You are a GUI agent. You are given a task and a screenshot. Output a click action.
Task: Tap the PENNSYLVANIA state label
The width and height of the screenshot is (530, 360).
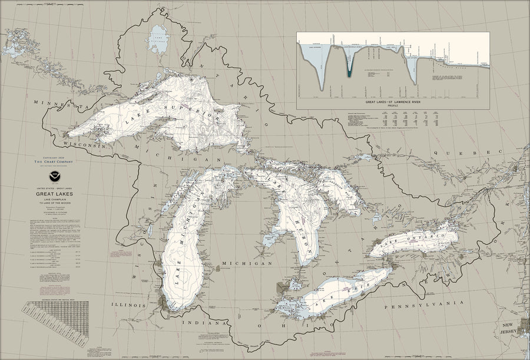(x=420, y=307)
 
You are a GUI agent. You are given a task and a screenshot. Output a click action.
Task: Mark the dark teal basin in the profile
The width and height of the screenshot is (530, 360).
(x=349, y=68)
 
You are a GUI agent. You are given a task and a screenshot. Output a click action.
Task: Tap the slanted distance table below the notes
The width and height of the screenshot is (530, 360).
(x=56, y=321)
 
